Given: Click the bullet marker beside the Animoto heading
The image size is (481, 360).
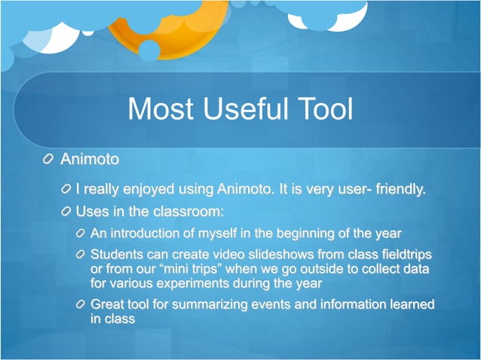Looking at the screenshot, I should pyautogui.click(x=49, y=160).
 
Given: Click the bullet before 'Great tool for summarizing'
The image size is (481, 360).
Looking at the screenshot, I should pyautogui.click(x=81, y=304).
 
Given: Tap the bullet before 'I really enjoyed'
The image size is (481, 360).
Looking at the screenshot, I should pyautogui.click(x=67, y=188).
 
